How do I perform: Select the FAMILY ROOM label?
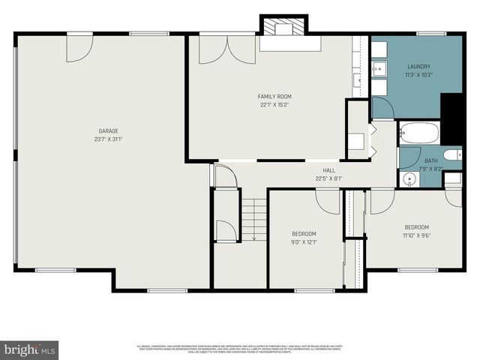[274, 97]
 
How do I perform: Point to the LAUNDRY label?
[419, 66]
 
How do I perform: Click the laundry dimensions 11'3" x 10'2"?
[419, 74]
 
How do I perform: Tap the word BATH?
[431, 160]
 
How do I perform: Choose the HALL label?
[328, 170]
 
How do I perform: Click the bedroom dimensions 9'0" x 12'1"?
[304, 241]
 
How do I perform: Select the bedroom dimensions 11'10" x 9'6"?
[417, 235]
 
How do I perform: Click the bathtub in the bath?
[419, 133]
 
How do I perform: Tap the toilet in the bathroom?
[453, 155]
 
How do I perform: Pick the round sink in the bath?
[409, 179]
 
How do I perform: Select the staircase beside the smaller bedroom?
[253, 218]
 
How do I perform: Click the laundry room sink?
[379, 70]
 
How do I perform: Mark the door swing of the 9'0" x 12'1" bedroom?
[328, 199]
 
